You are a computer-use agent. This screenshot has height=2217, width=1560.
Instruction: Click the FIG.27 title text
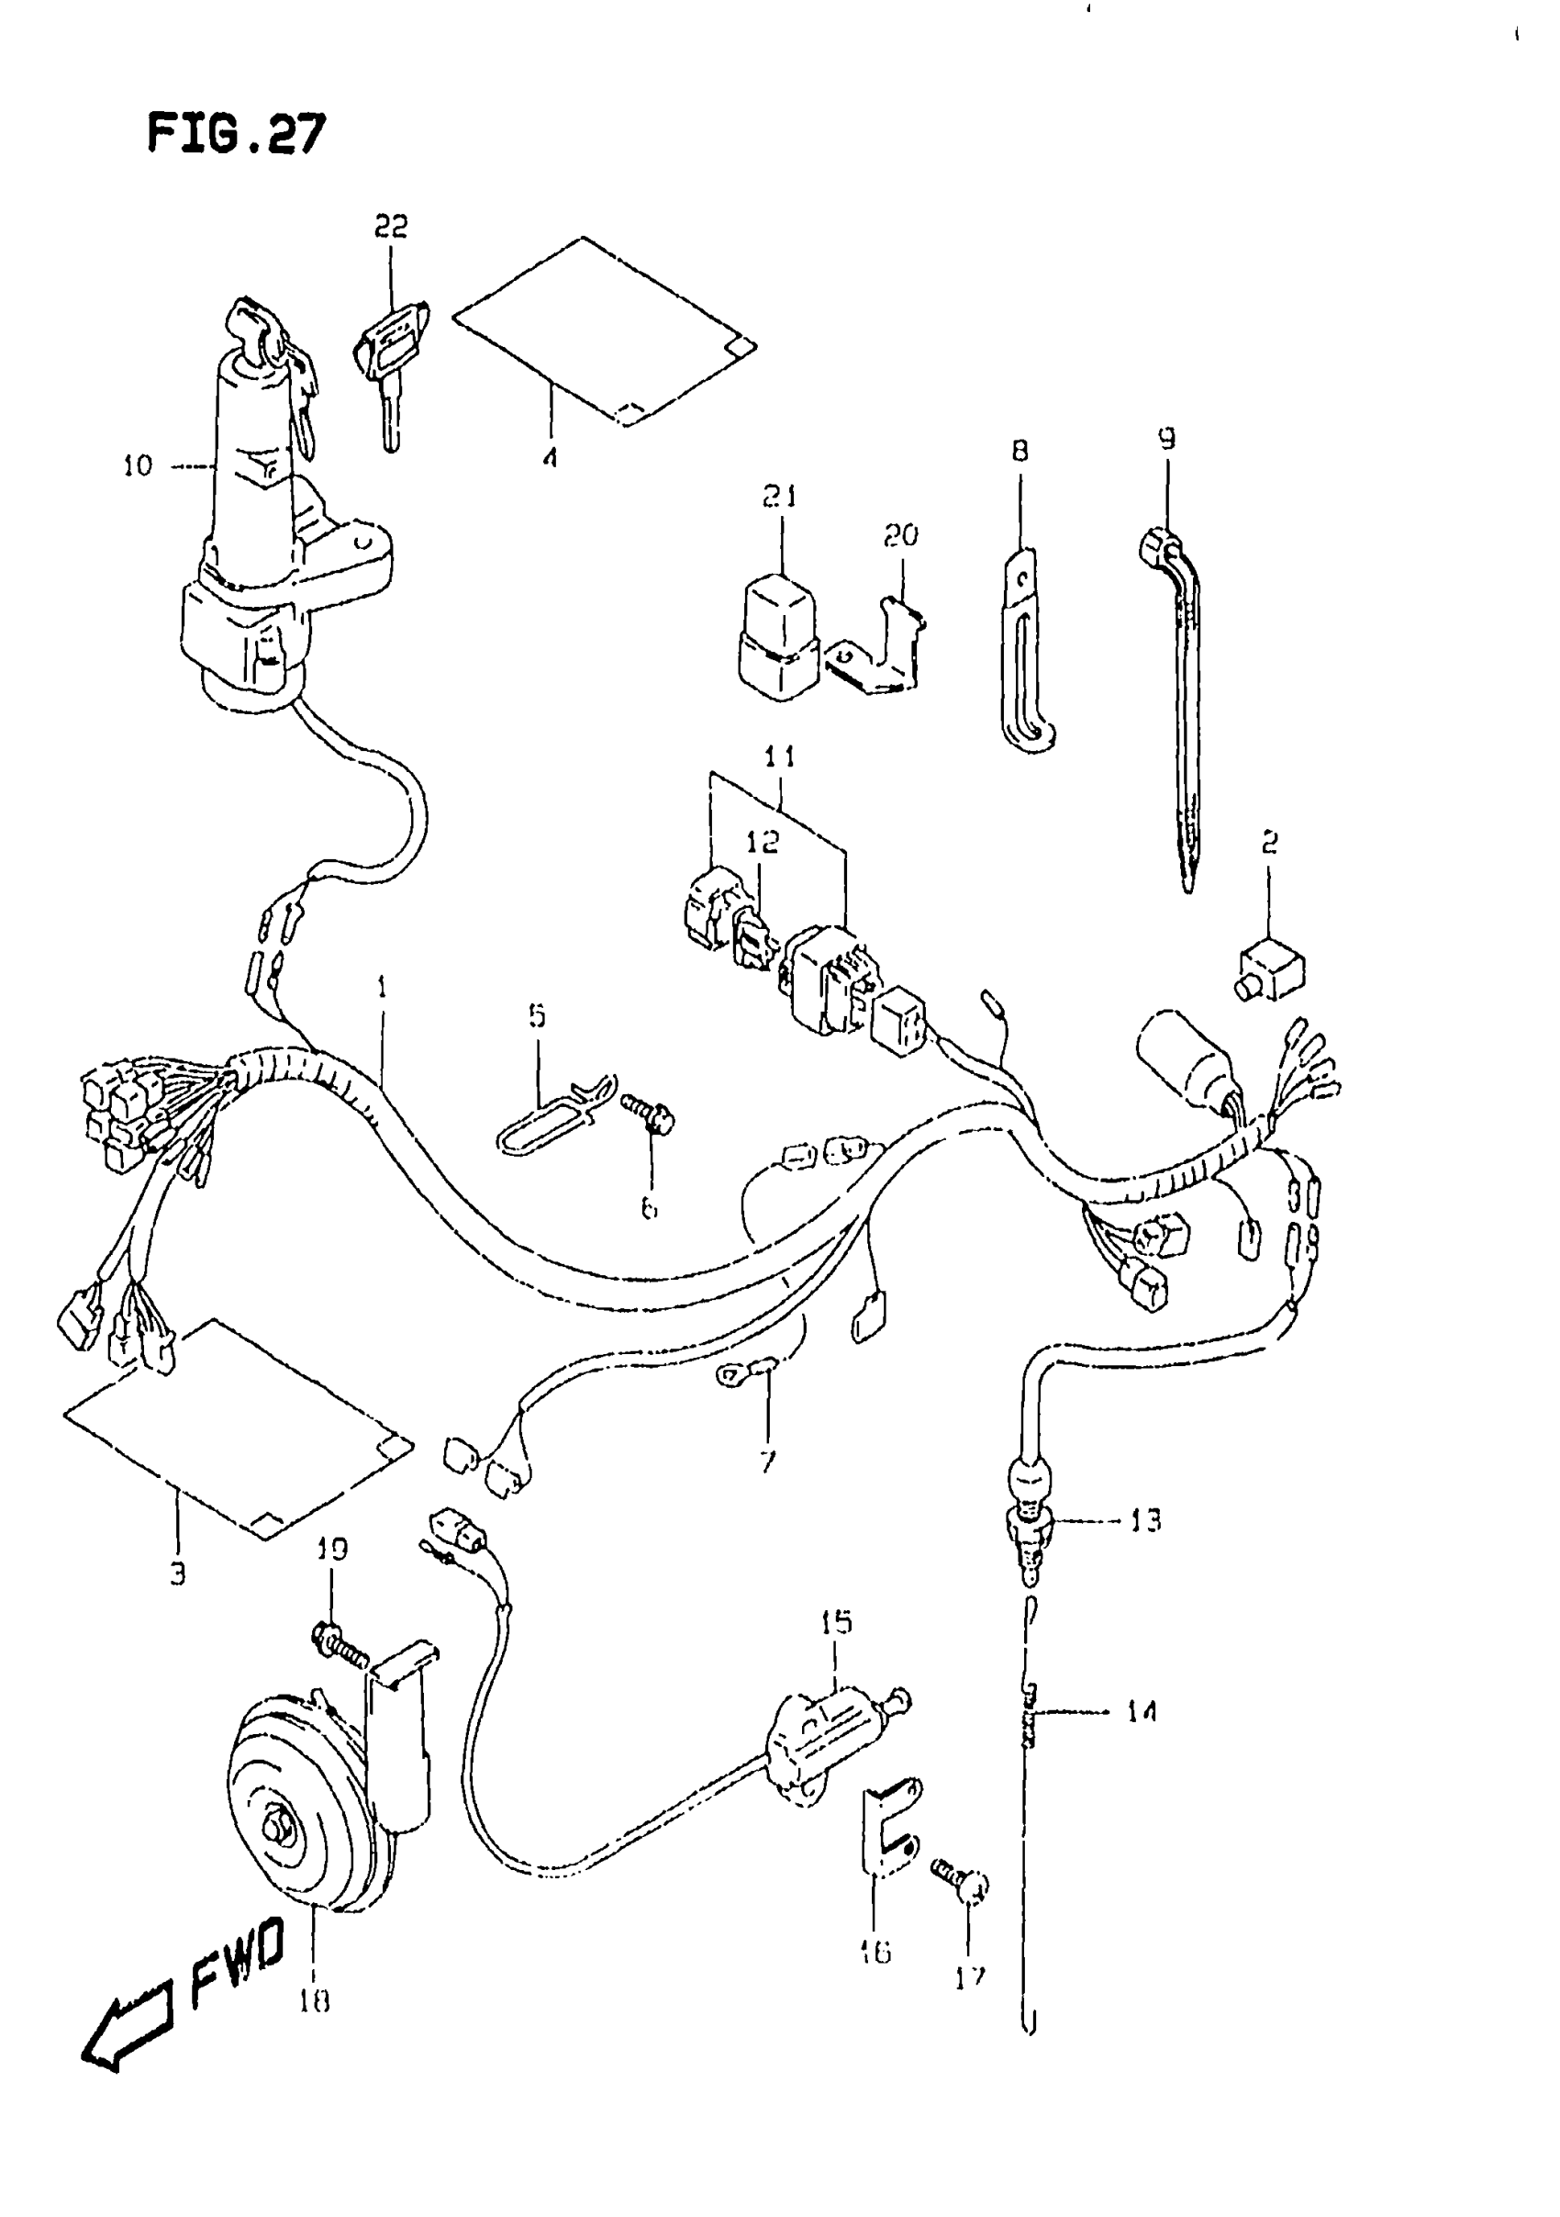point(237,133)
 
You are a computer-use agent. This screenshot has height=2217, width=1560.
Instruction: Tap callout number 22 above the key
point(391,226)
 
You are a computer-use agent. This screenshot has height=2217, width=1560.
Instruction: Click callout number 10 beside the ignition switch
point(137,466)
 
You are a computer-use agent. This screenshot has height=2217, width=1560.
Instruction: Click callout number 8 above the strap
point(1020,451)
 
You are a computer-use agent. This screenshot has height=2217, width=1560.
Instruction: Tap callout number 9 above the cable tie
point(1167,440)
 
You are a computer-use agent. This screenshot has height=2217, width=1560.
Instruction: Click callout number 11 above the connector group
point(779,756)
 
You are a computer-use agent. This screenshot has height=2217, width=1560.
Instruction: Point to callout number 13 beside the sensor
point(1146,1522)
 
